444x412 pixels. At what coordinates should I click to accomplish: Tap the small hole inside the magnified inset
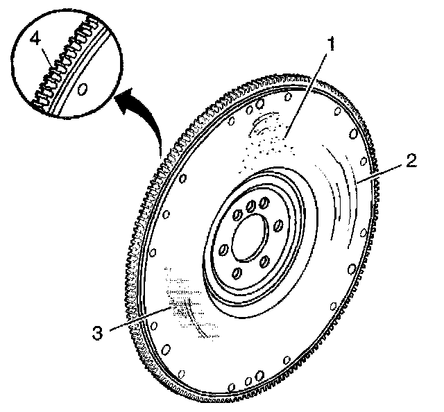pos(83,89)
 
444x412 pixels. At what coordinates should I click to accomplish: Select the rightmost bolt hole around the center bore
pos(278,225)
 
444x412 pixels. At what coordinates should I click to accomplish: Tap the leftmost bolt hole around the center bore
pos(223,250)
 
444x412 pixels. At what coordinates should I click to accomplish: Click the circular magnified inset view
pos(69,69)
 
